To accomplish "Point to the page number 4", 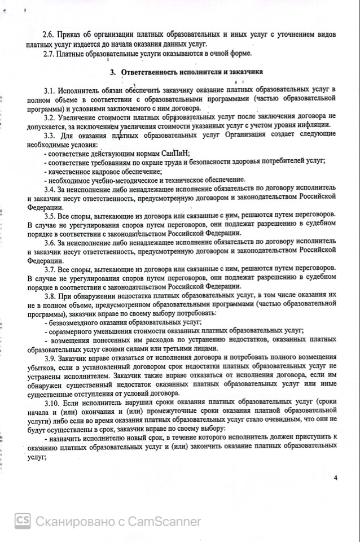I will tap(335, 478).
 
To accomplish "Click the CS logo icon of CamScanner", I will tap(23, 521).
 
